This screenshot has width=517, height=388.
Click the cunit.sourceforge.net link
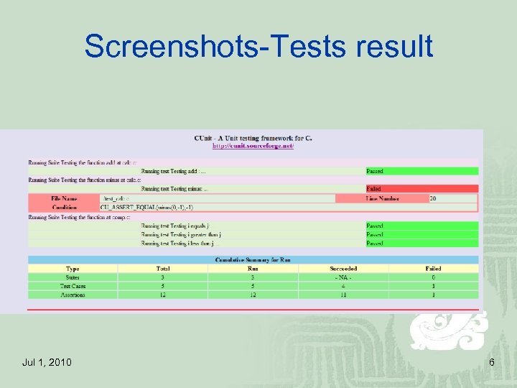click(253, 146)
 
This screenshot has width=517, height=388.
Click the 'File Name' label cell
click(64, 198)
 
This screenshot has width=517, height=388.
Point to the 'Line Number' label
click(382, 198)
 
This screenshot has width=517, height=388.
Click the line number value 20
click(433, 198)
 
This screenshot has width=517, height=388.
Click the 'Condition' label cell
click(64, 207)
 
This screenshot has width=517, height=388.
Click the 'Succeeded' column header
click(343, 268)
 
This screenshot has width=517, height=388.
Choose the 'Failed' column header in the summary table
click(433, 268)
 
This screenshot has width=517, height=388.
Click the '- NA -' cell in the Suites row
click(343, 277)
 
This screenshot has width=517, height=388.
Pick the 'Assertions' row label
click(73, 294)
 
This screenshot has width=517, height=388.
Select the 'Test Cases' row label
click(73, 285)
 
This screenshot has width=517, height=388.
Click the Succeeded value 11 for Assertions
click(343, 294)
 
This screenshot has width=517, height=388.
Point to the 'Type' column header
click(73, 268)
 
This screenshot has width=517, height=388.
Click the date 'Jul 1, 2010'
click(47, 362)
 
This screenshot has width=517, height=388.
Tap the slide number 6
click(491, 362)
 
